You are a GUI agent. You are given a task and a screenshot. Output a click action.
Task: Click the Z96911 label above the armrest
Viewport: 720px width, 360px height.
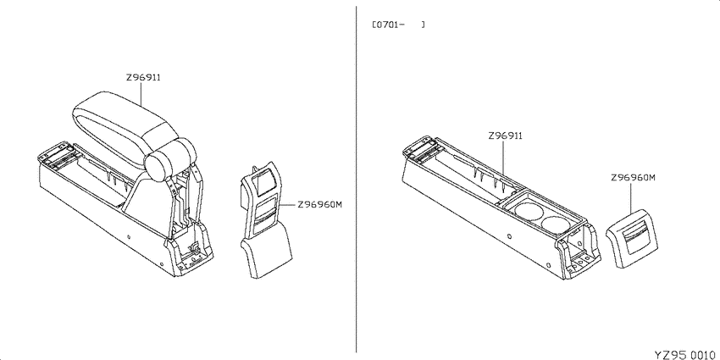click(x=143, y=78)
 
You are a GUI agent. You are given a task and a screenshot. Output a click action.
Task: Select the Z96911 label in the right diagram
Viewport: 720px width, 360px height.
click(x=505, y=136)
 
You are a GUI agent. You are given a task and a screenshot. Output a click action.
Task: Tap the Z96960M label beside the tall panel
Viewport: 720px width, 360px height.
click(x=320, y=205)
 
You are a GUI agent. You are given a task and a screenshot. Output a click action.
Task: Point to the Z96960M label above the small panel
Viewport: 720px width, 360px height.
click(x=633, y=178)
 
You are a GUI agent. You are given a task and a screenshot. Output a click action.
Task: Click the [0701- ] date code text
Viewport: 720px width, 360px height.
click(x=398, y=25)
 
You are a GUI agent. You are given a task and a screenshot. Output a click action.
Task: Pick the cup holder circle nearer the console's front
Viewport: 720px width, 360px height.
click(x=527, y=211)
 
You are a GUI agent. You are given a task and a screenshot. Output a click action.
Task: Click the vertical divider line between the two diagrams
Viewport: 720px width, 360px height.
click(x=357, y=179)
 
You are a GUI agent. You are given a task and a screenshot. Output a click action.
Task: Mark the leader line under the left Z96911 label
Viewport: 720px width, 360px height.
click(x=141, y=96)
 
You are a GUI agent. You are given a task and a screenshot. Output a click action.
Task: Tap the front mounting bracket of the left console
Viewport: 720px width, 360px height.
click(x=191, y=251)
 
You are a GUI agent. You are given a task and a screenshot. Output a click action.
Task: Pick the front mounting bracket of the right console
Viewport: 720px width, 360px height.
click(x=579, y=253)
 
